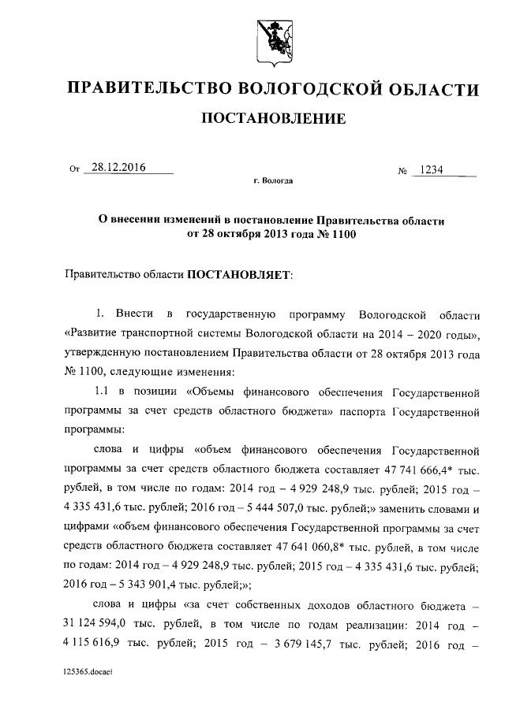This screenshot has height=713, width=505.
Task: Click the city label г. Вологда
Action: coord(274,181)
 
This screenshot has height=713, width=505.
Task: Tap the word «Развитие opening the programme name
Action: coord(95,333)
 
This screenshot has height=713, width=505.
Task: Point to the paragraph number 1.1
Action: coord(106,392)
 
